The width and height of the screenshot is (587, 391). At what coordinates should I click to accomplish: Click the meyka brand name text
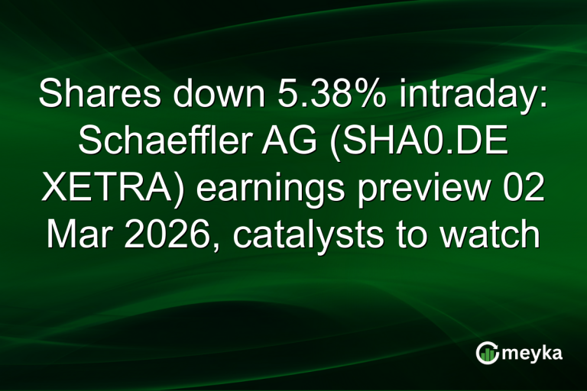(x=532, y=353)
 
